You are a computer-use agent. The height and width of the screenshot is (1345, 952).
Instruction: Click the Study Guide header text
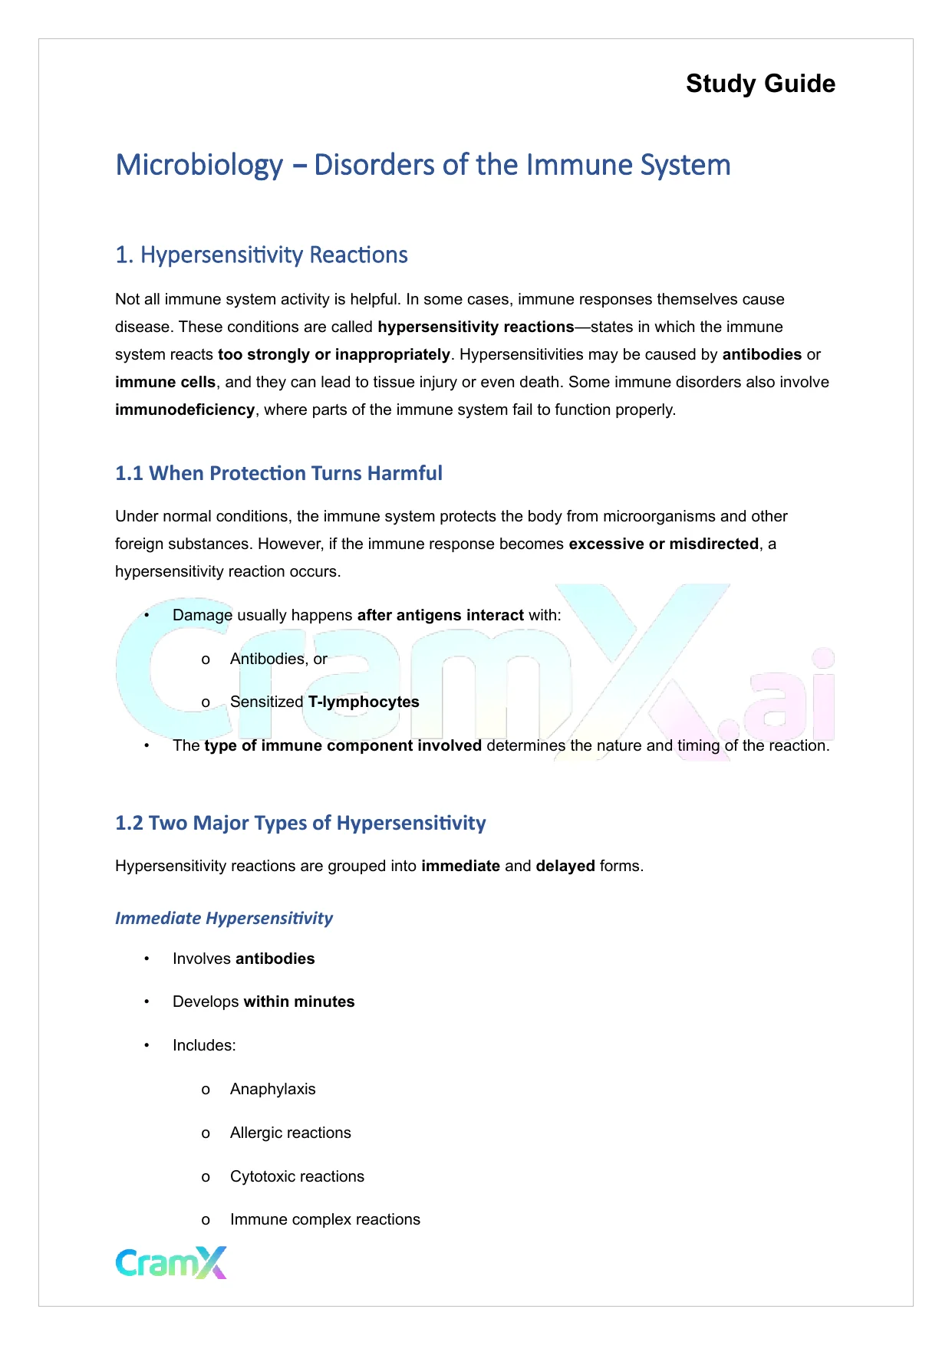pos(760,84)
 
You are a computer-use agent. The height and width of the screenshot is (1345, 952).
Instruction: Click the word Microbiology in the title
pos(199,166)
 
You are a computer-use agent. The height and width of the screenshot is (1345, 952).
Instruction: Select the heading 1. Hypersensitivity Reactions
pos(261,255)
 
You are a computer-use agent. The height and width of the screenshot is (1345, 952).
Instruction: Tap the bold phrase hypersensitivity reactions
pos(476,327)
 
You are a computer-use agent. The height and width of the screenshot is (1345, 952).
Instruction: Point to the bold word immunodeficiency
pos(185,409)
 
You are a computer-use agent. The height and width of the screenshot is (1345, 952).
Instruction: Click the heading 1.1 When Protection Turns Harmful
pos(278,473)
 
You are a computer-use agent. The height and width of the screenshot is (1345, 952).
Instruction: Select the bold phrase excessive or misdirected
pos(664,544)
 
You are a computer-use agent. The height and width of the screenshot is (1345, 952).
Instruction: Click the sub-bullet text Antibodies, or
pos(278,659)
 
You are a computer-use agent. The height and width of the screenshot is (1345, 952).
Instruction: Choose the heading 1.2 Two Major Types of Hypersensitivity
pos(300,823)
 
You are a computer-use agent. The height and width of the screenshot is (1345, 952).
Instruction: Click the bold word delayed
pos(565,866)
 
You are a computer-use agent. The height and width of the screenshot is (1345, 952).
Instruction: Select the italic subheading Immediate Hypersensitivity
pos(224,918)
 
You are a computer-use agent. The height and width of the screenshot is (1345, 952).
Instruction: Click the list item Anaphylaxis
pos(272,1089)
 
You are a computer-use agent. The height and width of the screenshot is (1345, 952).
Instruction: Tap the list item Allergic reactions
pos(290,1133)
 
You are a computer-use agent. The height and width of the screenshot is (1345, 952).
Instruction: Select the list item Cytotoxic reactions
pos(297,1176)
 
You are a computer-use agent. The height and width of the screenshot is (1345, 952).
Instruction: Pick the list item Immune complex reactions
pos(324,1219)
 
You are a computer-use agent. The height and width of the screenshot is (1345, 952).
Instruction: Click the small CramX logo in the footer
pos(171,1262)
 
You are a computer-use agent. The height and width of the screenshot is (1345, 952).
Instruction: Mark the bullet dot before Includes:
pos(147,1045)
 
